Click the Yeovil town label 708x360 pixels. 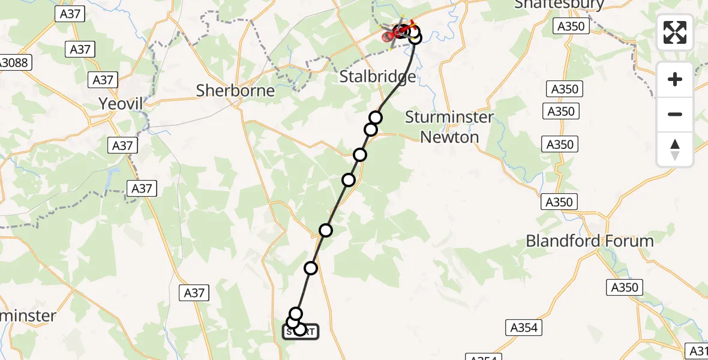(x=121, y=104)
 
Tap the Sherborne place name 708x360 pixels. (x=235, y=91)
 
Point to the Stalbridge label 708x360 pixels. (x=377, y=77)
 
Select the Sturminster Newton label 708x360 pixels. (x=449, y=127)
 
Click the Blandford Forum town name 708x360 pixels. (x=589, y=241)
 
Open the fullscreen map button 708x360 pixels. (x=675, y=32)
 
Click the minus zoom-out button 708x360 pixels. (x=675, y=114)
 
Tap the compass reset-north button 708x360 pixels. (x=675, y=149)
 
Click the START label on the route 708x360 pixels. (x=301, y=331)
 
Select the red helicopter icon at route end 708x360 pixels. (x=400, y=32)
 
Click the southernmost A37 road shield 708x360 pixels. (x=194, y=293)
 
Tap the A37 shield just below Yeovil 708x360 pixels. (x=122, y=145)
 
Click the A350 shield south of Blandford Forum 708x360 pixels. (x=623, y=287)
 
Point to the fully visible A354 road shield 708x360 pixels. (x=524, y=328)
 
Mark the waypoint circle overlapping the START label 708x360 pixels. (x=299, y=329)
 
